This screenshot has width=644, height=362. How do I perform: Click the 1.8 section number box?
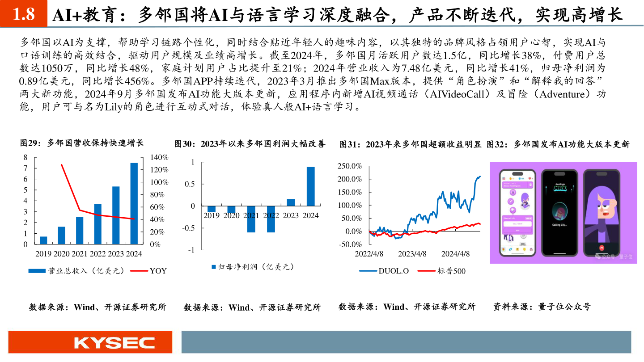[23, 14]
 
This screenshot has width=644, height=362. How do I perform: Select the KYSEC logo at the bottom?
[114, 343]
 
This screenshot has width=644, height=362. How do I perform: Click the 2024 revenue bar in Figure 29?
[134, 203]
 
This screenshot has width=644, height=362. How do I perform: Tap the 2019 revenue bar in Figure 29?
[43, 240]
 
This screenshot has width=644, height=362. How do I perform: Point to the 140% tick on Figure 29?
[159, 158]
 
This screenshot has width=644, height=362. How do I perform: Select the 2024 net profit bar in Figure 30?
[310, 186]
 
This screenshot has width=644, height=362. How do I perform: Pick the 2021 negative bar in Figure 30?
[251, 219]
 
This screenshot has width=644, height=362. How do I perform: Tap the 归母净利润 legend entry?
[253, 267]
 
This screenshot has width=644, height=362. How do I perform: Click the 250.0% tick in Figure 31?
[350, 166]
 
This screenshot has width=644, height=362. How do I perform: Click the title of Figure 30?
[250, 144]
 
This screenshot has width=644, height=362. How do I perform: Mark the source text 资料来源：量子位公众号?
[542, 307]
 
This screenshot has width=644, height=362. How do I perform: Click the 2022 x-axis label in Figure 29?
[97, 254]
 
